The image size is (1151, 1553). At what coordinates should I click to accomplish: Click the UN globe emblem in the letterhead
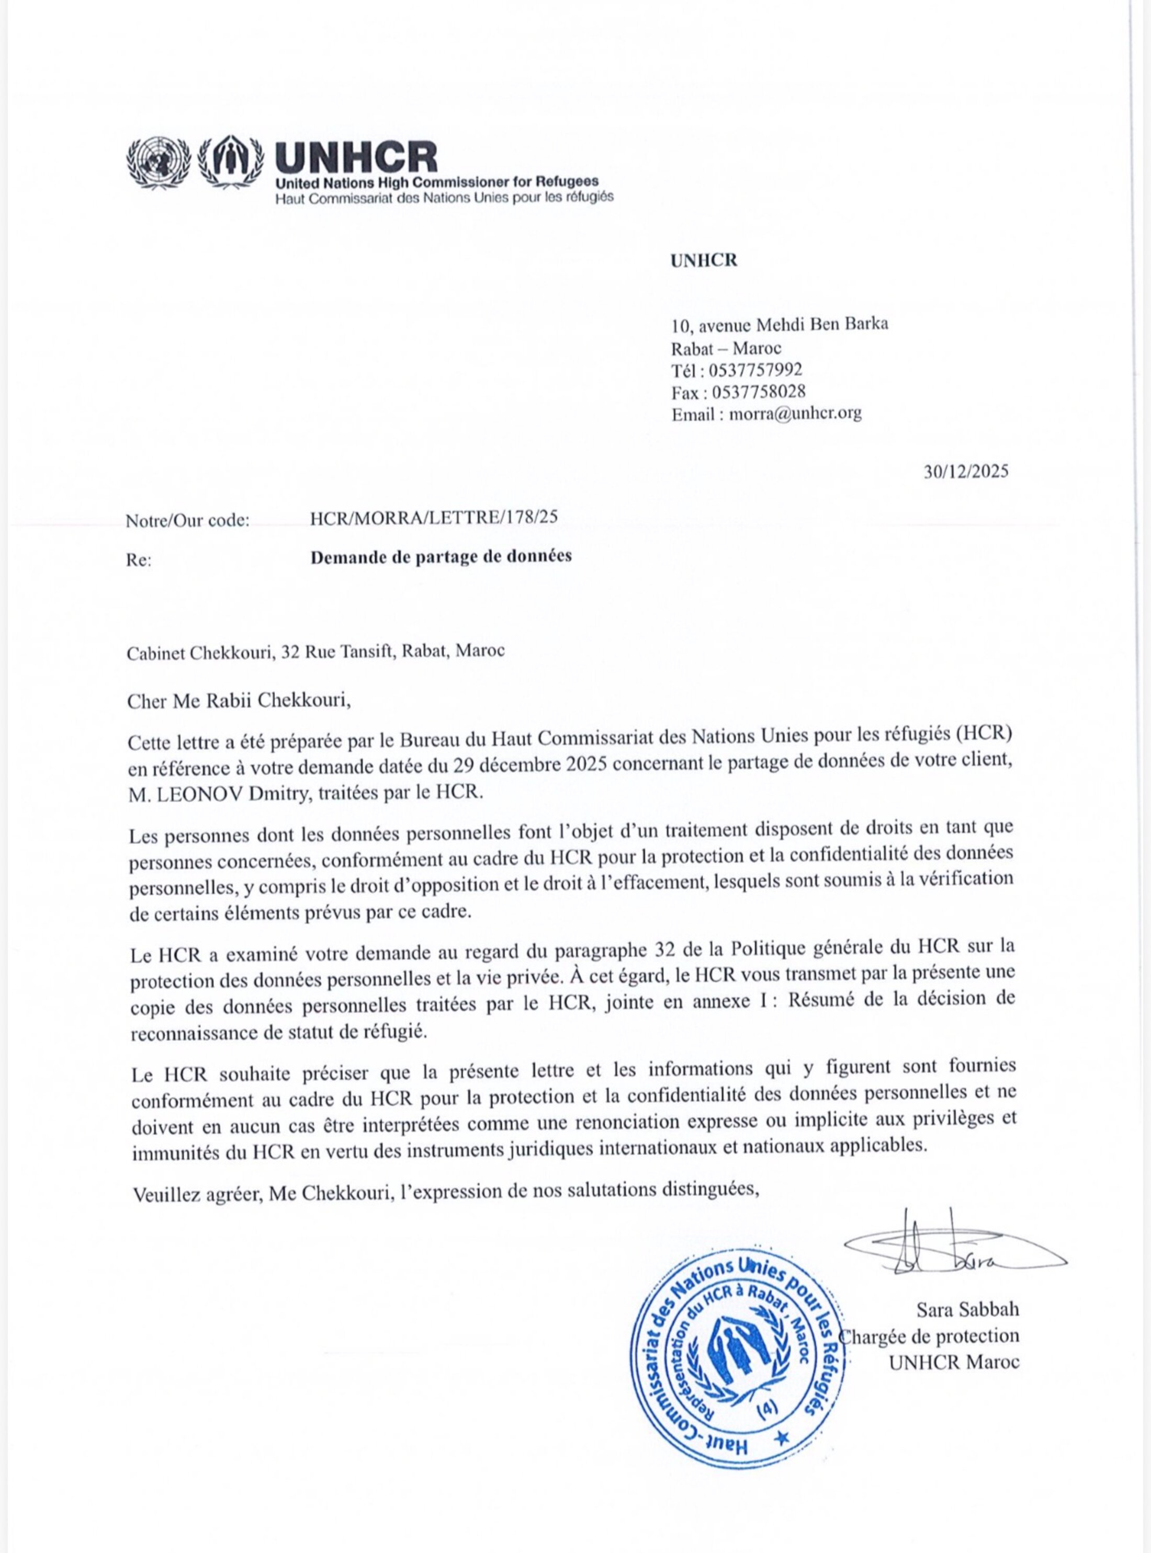158,162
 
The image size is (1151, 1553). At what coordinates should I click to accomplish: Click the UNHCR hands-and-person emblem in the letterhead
231,162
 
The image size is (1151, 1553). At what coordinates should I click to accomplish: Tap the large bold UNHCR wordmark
356,157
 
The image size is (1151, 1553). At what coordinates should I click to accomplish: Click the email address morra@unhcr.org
795,414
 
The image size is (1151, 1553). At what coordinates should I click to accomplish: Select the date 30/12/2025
966,472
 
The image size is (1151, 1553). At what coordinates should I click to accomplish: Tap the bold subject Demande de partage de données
441,556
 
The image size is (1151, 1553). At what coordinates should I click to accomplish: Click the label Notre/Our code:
187,520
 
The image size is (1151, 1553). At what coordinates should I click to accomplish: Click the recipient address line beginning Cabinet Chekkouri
315,652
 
